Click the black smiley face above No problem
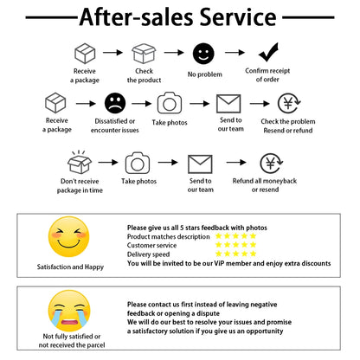tap(203, 54)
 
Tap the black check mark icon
tap(268, 52)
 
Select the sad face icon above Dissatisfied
tap(115, 103)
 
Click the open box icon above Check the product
tap(144, 54)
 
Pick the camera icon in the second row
tap(170, 103)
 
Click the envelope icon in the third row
tap(200, 164)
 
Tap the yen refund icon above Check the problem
tap(289, 103)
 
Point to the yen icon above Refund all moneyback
tap(271, 164)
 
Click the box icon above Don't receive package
tap(80, 162)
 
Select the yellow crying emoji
tap(69, 311)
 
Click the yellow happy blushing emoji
tap(69, 236)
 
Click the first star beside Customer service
tap(219, 245)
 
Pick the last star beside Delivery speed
tap(254, 254)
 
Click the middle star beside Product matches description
tap(236, 236)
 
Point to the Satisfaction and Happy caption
tap(70, 267)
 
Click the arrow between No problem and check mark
tap(235, 53)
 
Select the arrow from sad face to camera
tap(141, 103)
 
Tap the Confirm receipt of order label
tap(267, 74)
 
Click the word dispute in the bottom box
tap(208, 313)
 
